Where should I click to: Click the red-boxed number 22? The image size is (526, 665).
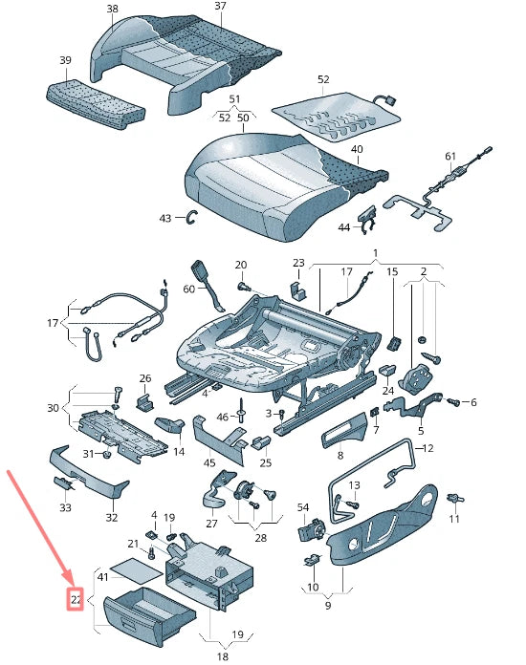76,599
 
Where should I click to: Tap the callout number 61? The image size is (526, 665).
450,156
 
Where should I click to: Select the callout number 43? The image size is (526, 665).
165,218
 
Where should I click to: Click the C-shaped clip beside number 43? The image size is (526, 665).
192,217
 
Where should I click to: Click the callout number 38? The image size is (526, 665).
113,9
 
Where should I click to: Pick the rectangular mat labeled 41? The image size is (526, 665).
136,569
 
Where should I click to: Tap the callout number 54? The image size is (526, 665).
303,507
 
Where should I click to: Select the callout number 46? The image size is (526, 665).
223,417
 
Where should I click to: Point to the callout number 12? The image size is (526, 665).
427,448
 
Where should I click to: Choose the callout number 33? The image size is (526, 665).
65,507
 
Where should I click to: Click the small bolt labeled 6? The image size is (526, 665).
452,400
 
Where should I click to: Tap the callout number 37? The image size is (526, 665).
220,6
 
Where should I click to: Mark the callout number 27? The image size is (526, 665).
211,524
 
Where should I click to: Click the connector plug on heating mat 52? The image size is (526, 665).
388,101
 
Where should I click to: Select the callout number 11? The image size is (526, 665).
454,518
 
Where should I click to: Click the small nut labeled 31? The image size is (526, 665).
107,455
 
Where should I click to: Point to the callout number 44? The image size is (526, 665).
344,227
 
